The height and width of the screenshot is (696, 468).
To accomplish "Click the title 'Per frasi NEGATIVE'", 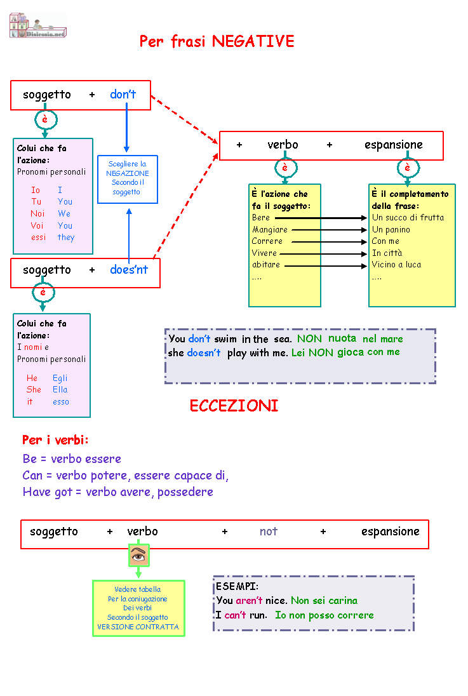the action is coord(217,41).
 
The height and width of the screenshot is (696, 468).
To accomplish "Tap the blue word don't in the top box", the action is coord(123,94).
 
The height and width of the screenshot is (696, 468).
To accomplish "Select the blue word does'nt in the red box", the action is coord(129,269).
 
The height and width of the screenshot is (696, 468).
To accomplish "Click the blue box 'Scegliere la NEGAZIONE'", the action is coord(128,179).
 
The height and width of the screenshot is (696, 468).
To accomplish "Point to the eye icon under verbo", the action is coord(138,556).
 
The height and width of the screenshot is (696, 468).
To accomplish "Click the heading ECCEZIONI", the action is coord(234,405).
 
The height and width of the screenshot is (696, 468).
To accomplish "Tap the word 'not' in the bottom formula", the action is coord(268,532).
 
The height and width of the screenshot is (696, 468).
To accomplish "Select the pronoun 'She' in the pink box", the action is coord(34,389).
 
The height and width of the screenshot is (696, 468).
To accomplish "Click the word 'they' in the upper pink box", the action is coord(65,238).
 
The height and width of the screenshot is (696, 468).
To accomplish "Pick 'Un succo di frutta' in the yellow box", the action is coord(408,217).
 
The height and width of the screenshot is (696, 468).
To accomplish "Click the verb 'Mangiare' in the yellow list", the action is coord(269,229).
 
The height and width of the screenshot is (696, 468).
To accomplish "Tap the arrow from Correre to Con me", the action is coord(329,242).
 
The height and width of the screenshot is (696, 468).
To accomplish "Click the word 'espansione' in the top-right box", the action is coord(394,145).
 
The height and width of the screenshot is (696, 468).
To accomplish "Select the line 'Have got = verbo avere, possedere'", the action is coord(117,492).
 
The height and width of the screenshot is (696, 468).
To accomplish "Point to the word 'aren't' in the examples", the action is coord(249,601).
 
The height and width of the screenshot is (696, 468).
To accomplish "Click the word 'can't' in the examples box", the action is coord(236,615).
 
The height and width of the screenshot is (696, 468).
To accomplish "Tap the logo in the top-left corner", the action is coord(37,25).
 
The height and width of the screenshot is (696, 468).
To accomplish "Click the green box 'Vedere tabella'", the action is coord(138,608).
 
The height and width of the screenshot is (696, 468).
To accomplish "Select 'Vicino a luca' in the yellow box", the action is coord(396,265).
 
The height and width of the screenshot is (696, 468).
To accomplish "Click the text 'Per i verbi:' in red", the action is coord(55,440).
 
